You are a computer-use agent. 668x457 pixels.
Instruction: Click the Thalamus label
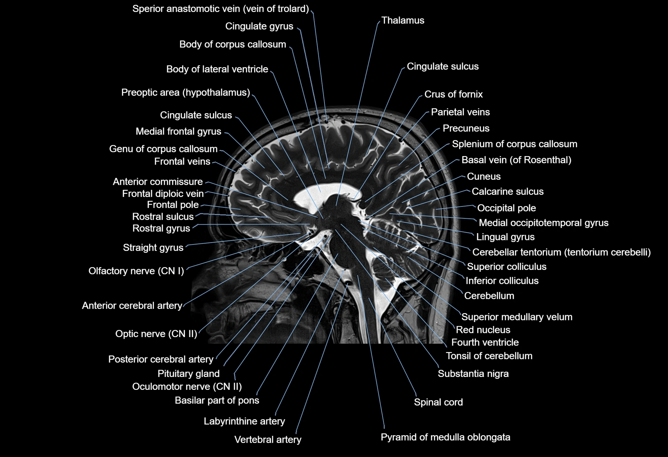click(402, 20)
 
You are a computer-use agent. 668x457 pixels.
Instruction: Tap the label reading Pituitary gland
click(188, 374)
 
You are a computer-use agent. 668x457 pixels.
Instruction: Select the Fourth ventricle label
click(485, 342)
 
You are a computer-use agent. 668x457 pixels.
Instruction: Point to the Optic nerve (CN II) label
click(156, 334)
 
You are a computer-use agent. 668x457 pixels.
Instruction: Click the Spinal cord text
click(438, 402)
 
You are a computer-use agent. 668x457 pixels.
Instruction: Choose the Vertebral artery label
click(268, 440)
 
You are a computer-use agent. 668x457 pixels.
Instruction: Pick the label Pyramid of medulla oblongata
click(445, 437)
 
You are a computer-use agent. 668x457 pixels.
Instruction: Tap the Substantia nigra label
click(473, 374)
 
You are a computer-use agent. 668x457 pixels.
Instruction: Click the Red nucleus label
click(483, 330)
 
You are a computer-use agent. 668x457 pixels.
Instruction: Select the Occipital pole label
click(506, 208)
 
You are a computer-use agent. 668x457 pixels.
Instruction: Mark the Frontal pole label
click(173, 204)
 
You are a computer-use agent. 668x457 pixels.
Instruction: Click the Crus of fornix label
click(453, 94)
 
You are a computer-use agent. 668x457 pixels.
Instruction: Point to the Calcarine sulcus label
click(507, 192)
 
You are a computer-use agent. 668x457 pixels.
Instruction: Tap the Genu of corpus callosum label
click(163, 149)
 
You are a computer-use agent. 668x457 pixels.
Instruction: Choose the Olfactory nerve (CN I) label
click(136, 271)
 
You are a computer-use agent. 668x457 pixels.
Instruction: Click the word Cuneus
click(483, 177)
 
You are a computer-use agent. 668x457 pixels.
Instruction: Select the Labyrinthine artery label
click(244, 421)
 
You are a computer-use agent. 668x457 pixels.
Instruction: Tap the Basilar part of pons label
click(217, 400)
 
